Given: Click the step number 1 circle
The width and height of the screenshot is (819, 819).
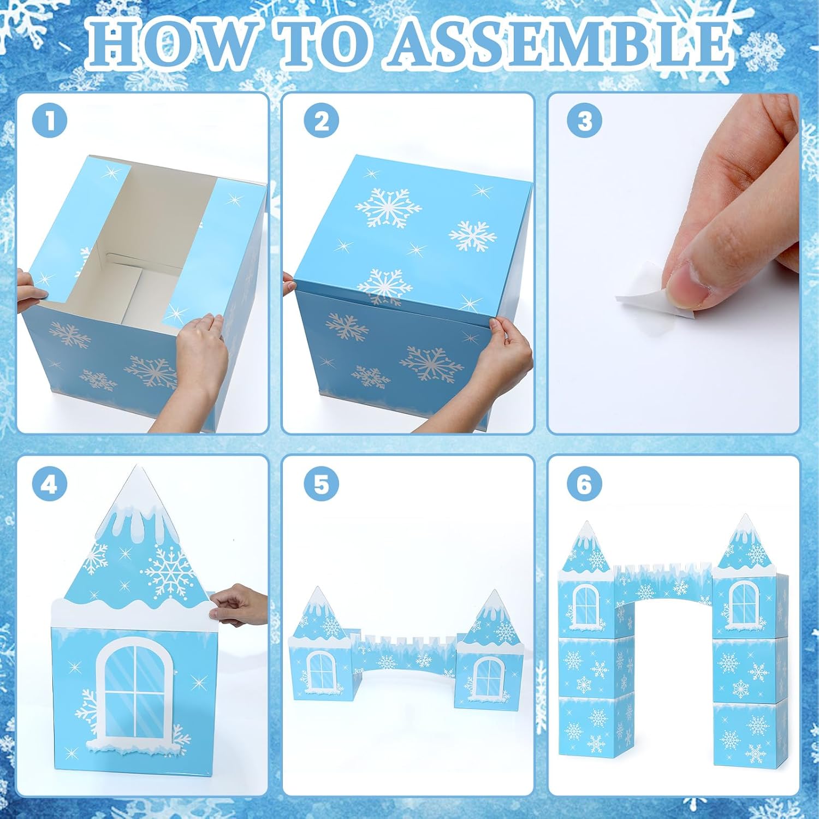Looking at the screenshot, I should pyautogui.click(x=50, y=121).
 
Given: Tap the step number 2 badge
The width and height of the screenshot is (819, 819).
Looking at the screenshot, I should pyautogui.click(x=322, y=121).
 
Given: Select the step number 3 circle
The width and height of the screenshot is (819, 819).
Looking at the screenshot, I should pyautogui.click(x=584, y=121).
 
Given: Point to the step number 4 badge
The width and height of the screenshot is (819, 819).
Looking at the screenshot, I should pyautogui.click(x=50, y=484).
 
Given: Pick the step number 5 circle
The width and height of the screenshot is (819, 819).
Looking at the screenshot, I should pyautogui.click(x=322, y=484).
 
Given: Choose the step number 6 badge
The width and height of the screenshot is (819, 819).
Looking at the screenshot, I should pyautogui.click(x=584, y=484).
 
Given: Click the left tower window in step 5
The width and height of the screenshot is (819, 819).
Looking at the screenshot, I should pyautogui.click(x=322, y=670).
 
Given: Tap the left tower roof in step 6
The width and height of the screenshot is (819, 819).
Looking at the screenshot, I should pyautogui.click(x=585, y=549).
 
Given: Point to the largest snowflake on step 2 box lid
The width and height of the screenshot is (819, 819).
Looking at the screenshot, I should pyautogui.click(x=388, y=207).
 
